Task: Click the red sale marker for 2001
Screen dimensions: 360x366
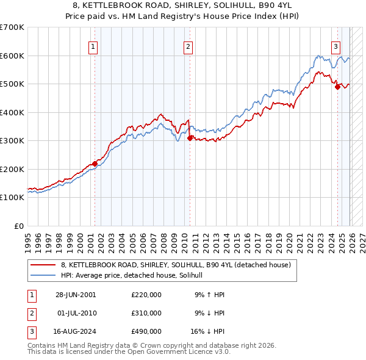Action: (x=95, y=164)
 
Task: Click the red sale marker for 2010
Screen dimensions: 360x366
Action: (x=190, y=138)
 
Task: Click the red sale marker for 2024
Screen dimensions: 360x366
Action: (x=337, y=87)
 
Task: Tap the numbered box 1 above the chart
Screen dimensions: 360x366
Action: (x=93, y=46)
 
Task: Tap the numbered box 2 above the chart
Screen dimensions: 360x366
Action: (x=188, y=46)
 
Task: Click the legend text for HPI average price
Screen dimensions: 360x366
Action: (x=135, y=276)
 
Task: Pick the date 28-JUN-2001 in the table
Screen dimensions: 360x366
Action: (x=76, y=294)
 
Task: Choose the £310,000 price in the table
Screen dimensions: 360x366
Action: (x=146, y=313)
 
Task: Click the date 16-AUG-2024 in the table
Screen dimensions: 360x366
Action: (x=76, y=332)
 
